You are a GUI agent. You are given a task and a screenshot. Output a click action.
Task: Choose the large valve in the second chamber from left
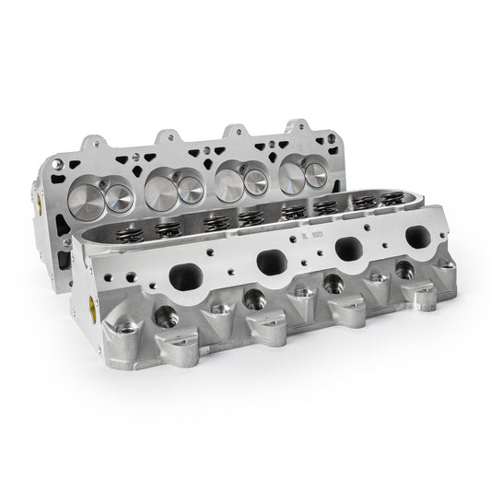pyautogui.click(x=191, y=190)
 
